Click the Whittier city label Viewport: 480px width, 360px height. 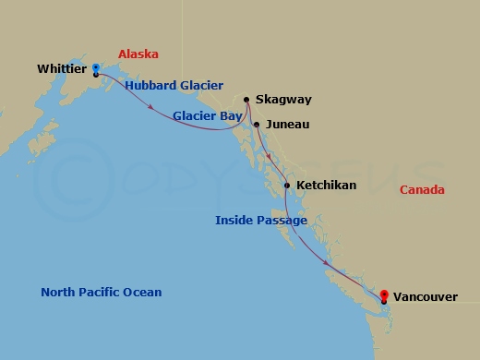[64, 67]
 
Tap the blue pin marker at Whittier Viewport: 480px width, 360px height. [96, 67]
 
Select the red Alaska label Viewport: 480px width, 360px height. [138, 54]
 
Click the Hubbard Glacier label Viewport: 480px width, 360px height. [174, 86]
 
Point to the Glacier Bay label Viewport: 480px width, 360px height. [208, 116]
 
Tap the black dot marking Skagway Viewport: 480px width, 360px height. [246, 100]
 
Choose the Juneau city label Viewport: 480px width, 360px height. [286, 124]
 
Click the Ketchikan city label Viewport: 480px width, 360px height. [326, 186]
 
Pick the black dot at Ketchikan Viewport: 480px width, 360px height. [288, 186]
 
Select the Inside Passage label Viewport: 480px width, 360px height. [259, 221]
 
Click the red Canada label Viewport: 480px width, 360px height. [422, 190]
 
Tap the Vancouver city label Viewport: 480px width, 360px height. [424, 298]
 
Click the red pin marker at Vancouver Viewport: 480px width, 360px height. [384, 294]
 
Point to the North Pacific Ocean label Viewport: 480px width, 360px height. [102, 293]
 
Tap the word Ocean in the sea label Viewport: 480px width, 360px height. [142, 293]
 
